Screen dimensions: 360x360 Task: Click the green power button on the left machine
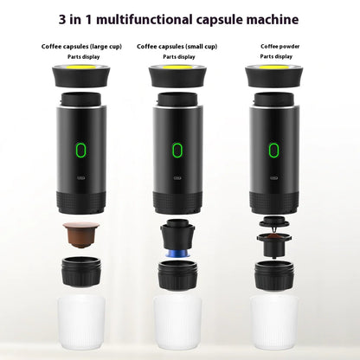click(81, 149)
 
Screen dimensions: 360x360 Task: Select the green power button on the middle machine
click(177, 149)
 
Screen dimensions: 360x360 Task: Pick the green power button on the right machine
click(274, 149)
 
